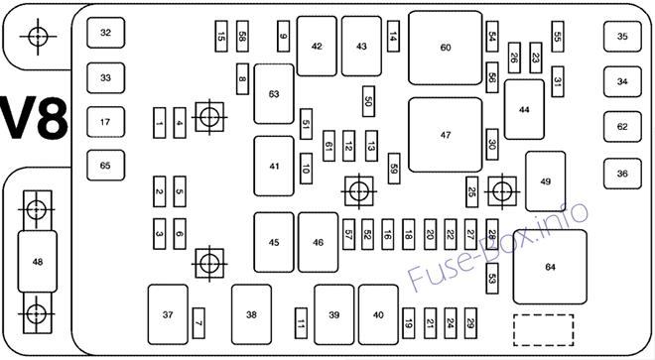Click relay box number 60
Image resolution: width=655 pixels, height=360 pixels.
[446, 48]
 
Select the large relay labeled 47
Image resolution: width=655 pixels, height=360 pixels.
[446, 135]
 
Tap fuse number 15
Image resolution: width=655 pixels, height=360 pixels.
[221, 37]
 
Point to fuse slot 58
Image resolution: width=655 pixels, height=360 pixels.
[242, 37]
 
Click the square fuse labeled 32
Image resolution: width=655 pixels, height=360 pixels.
[105, 33]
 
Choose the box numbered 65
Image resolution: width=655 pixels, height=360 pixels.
[105, 166]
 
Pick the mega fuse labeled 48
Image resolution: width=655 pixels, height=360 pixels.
[37, 262]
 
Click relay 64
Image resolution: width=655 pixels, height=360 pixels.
[550, 267]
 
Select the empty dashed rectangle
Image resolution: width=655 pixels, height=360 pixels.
[544, 330]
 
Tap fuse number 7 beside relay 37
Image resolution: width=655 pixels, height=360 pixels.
[198, 323]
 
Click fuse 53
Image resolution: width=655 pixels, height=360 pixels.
[492, 279]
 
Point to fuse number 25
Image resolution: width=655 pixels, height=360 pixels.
[471, 192]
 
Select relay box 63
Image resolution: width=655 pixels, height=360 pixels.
[274, 94]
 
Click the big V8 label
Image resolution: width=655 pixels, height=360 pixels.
[35, 119]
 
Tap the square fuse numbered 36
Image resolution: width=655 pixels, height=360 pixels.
[622, 174]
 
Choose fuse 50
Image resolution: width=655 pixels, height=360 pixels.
[368, 101]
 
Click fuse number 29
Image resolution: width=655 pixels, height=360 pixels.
[470, 323]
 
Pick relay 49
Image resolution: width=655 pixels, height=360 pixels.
[546, 181]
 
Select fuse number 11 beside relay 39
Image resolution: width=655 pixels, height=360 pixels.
[301, 323]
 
